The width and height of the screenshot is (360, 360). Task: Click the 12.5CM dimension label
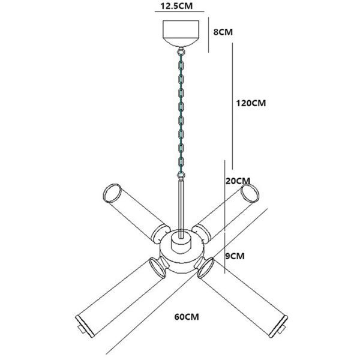point(176,6)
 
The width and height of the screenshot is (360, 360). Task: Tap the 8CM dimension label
point(223,32)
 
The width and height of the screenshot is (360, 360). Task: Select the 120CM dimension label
point(251,103)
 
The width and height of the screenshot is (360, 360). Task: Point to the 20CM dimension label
point(238,181)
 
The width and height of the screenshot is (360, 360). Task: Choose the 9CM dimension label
point(235,256)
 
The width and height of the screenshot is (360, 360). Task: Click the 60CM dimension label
point(187,317)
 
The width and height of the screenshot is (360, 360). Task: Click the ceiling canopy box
point(181,33)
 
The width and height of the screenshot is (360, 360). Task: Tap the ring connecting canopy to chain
point(181,50)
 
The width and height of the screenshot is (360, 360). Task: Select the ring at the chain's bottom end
point(181,175)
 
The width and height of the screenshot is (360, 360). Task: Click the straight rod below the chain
point(181,209)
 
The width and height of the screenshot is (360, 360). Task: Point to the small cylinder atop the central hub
point(181,242)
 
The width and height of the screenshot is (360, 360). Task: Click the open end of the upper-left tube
point(112,193)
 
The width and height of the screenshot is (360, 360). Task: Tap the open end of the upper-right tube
point(250,194)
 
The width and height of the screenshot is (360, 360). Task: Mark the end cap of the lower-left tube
point(85,326)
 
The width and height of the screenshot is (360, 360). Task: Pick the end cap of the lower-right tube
point(278,326)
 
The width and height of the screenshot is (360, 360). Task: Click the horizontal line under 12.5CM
point(179,11)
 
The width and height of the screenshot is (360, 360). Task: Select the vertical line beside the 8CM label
point(208,34)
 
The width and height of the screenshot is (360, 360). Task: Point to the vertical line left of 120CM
point(232,106)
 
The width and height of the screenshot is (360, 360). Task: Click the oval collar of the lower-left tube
point(157,268)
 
